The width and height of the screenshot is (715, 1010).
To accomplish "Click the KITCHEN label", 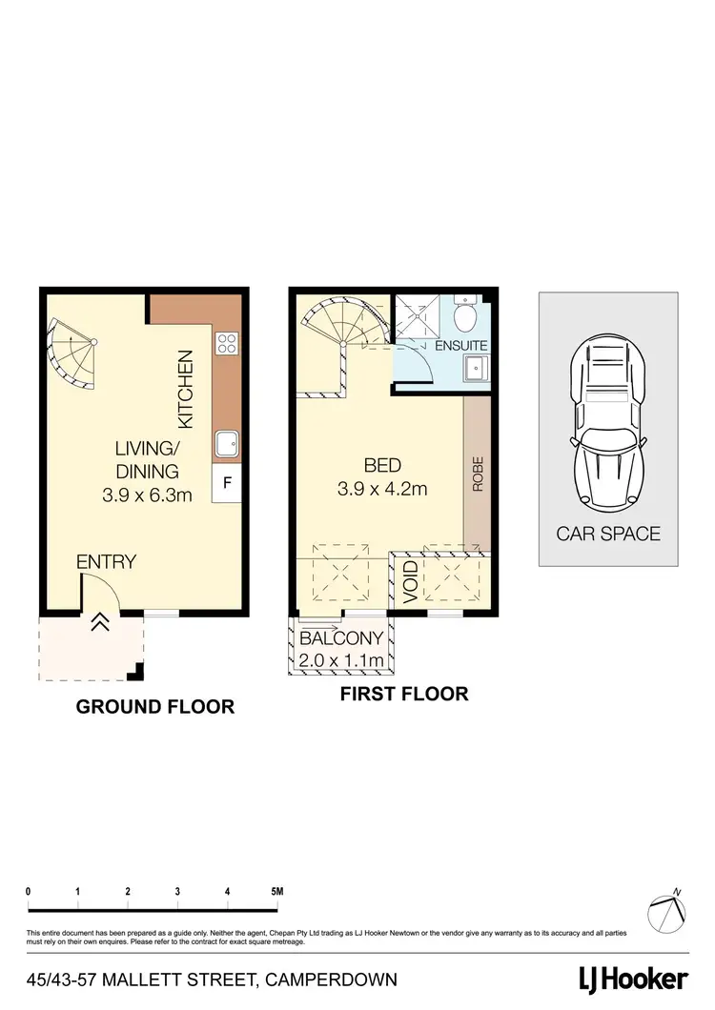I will (186, 389).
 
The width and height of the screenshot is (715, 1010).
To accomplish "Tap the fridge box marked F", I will (227, 483).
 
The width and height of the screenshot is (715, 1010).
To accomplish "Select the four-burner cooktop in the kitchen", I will (227, 343).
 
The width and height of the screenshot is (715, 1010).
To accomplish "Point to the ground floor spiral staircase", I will (72, 353).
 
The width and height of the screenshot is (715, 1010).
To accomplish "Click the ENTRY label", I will (106, 561).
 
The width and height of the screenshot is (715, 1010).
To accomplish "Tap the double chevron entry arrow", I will (100, 622).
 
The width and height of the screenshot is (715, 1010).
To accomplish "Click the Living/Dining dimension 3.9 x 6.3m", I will (147, 495).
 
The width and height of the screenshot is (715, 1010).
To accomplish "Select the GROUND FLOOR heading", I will (154, 707).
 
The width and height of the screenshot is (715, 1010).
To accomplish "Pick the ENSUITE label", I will (461, 345).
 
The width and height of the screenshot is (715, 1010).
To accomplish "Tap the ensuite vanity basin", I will (475, 368).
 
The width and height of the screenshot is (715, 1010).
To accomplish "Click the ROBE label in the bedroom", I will (477, 474).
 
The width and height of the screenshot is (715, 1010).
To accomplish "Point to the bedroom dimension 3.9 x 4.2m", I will (382, 490).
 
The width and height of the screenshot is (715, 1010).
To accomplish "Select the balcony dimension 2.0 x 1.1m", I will (342, 660).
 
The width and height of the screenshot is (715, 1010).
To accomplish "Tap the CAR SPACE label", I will (608, 534).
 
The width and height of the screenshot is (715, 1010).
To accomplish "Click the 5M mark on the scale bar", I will (277, 892).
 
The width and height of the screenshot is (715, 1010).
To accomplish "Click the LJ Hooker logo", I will (633, 979).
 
